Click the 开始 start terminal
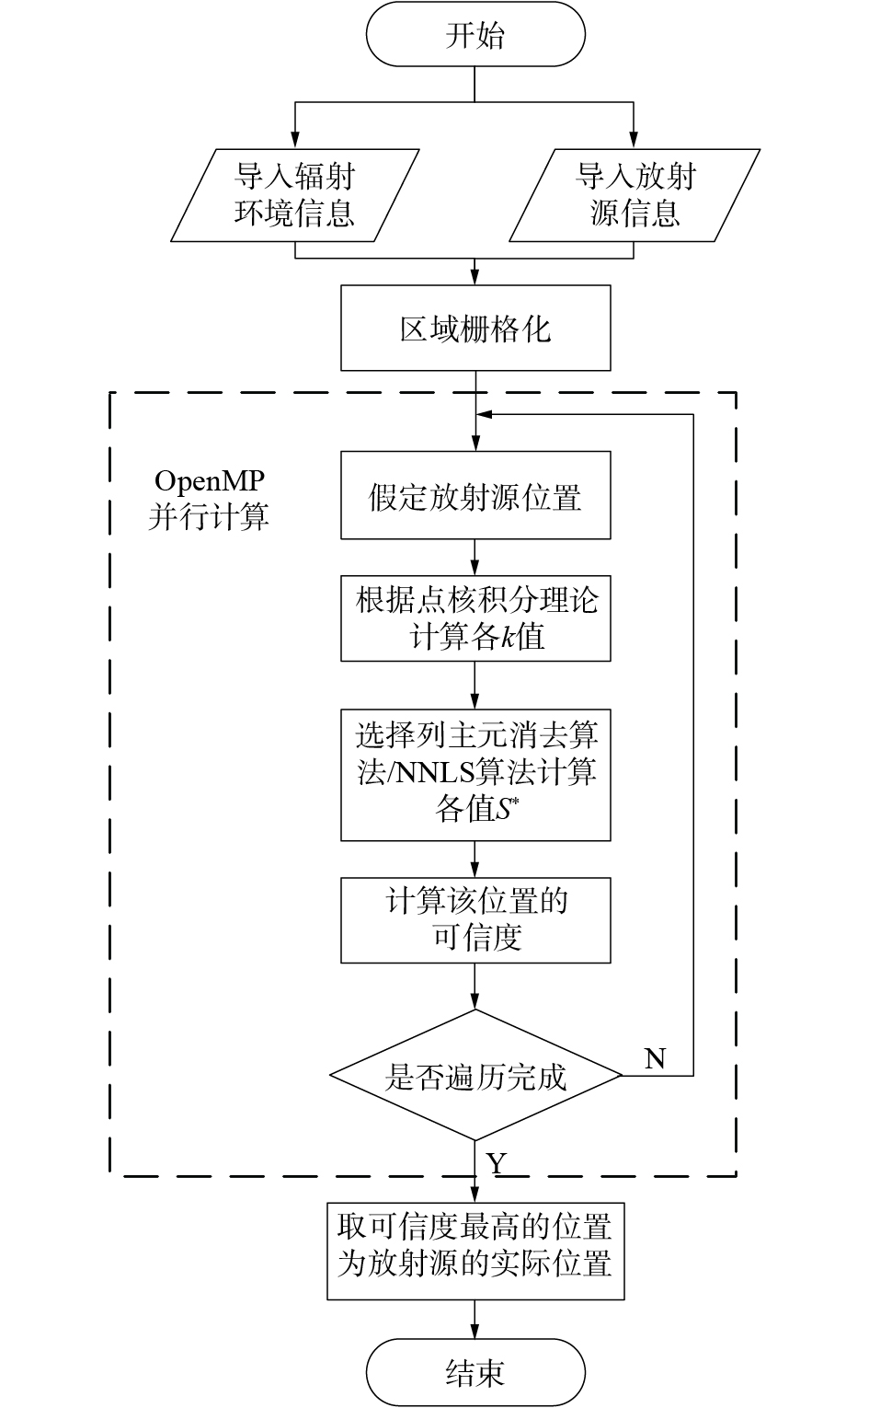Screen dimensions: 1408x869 pos(475,36)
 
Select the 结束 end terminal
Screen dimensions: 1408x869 pos(475,1373)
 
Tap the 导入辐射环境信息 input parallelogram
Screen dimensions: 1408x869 pos(294,195)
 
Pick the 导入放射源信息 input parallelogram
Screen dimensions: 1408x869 pos(635,195)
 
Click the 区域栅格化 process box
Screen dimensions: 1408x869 pos(475,329)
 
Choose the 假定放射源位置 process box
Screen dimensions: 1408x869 pos(475,496)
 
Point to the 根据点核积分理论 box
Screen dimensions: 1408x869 pos(475,618)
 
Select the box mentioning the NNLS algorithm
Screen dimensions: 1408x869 pos(475,774)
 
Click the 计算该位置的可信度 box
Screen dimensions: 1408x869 pos(475,920)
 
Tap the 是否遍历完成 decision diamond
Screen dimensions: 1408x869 pos(475,1076)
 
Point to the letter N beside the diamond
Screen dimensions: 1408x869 pos(655,1059)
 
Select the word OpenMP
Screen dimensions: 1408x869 pos(210,481)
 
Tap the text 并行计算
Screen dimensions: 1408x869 pos(210,516)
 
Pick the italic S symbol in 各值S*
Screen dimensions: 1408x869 pos(508,810)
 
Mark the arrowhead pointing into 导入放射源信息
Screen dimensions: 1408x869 pos(635,141)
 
